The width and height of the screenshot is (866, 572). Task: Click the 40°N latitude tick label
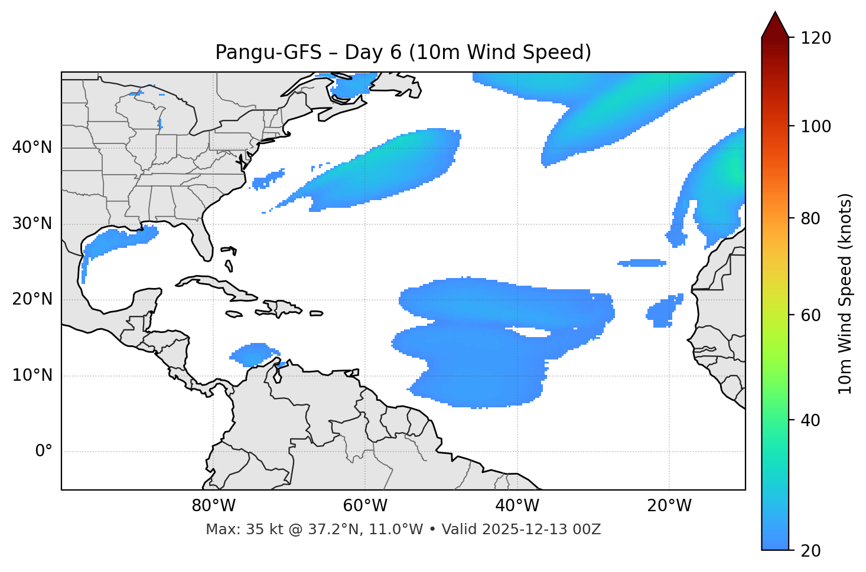32,148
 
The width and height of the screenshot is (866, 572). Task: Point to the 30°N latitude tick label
32,224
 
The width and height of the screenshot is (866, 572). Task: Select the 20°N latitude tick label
32,299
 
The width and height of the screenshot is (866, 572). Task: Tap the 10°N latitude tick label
32,375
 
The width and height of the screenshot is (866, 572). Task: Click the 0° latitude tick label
44,452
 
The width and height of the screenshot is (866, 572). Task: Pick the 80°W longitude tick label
213,506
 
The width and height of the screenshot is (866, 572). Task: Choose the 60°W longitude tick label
365,506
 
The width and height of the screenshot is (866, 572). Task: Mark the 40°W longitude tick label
517,506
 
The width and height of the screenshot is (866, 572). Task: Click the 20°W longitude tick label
669,506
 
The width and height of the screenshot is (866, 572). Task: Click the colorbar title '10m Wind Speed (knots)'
846,293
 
